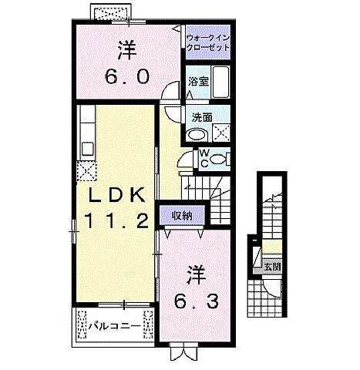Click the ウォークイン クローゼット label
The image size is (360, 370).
(209, 43)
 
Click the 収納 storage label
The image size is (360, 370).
(182, 215)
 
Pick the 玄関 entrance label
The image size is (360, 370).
(273, 267)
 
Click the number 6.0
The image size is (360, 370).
(126, 77)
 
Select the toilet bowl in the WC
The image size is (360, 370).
(220, 159)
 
